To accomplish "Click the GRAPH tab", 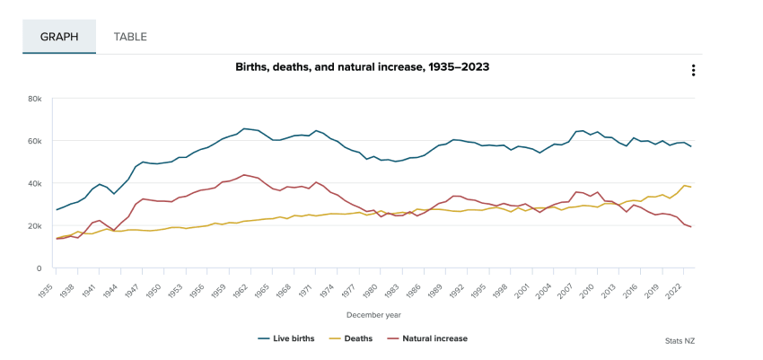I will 59,37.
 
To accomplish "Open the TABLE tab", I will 130,37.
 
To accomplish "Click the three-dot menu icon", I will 693,71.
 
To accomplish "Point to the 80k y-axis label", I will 35,98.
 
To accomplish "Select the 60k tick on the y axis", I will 35,141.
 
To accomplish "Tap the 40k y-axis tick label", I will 35,183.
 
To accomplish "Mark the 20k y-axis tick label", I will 35,225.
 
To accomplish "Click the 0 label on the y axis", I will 39,268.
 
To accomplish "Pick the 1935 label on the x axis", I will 51,286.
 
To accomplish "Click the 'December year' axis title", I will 373,315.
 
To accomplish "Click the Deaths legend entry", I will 353,338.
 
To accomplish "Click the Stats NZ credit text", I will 680,341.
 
